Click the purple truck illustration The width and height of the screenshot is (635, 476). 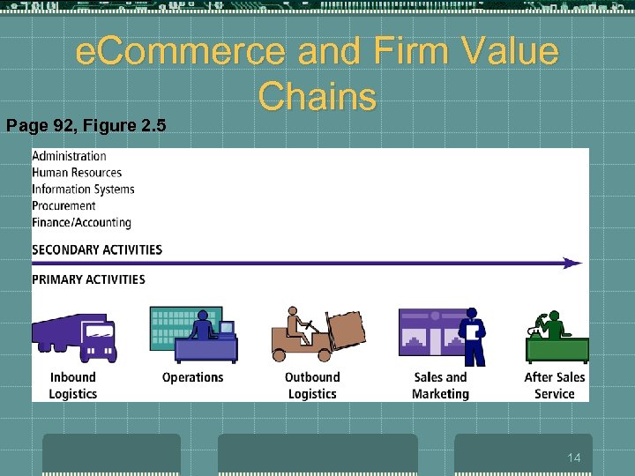point(75,336)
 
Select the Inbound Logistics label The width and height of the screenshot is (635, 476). point(73,385)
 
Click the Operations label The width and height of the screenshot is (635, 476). point(193,377)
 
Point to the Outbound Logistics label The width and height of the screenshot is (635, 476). point(312,385)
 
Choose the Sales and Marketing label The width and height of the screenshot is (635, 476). point(440,385)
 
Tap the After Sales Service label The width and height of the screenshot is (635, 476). point(555,385)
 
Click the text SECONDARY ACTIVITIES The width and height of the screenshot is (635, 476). point(97,249)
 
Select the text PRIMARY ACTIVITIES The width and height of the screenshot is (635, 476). point(88,279)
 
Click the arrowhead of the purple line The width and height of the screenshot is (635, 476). point(573,263)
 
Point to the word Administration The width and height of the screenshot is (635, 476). point(69,156)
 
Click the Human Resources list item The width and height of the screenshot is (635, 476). point(77,173)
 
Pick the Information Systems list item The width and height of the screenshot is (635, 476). point(83,190)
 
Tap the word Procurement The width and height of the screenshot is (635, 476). point(63,205)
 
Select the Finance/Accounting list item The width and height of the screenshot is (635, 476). point(81,222)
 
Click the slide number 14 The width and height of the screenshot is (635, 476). point(573,457)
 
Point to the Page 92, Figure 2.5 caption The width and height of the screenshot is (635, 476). point(86,125)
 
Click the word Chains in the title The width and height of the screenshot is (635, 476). point(317,96)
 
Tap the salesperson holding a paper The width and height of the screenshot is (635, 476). point(473,336)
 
